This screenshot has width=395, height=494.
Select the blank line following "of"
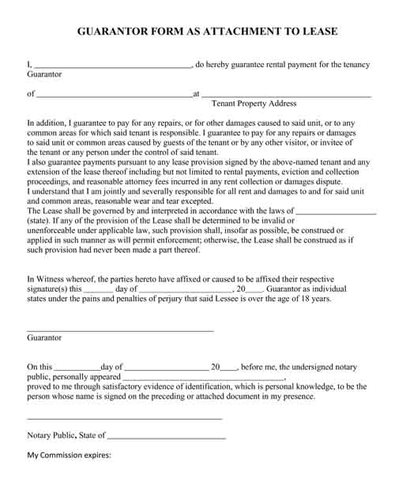[x=114, y=96]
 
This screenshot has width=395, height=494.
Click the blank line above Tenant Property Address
[x=286, y=96]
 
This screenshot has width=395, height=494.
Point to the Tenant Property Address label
[x=254, y=104]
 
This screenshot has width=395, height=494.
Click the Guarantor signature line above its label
[x=120, y=330]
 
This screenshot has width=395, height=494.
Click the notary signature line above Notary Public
[x=124, y=417]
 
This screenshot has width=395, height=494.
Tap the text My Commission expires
[x=70, y=456]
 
